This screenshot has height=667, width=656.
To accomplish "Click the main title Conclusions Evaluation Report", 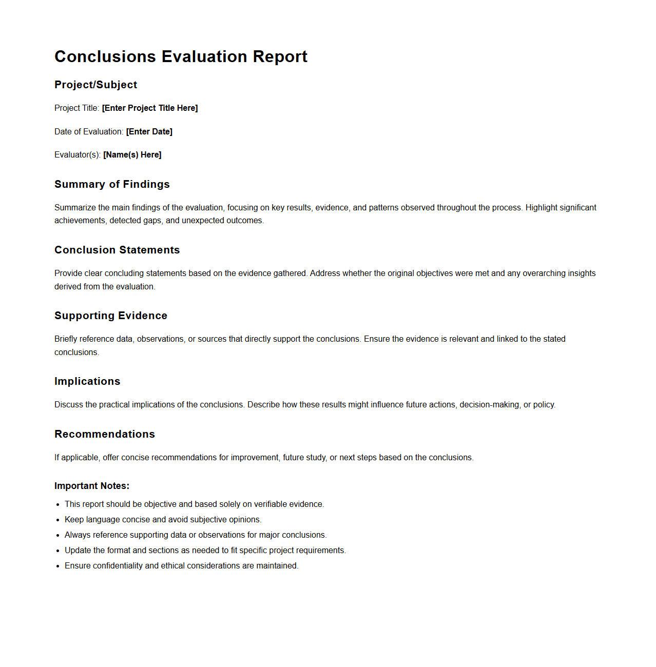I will click(x=181, y=56).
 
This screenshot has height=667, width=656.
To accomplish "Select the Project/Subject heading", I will click(x=95, y=85).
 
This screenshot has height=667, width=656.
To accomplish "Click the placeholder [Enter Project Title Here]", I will click(x=150, y=108).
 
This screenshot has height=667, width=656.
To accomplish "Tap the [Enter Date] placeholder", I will click(x=149, y=131).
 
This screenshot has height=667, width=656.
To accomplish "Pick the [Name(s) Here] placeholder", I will click(x=132, y=154).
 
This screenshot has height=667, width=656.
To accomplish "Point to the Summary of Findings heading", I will click(x=112, y=184).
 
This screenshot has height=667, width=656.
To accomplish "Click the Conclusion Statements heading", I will click(x=117, y=250).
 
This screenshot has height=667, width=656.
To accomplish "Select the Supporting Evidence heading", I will click(x=111, y=316).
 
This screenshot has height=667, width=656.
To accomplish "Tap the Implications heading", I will click(x=87, y=381).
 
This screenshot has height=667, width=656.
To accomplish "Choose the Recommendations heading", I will click(x=105, y=434).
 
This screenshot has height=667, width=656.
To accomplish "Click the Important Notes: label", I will click(x=92, y=486).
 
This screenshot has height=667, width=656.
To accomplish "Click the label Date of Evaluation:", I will click(x=89, y=131).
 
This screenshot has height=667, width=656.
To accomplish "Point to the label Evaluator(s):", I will click(x=78, y=154).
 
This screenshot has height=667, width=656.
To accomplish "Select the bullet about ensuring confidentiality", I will click(x=181, y=565).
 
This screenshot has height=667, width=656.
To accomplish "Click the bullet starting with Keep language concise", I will click(x=163, y=519).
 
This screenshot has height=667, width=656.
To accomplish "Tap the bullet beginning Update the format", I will click(x=205, y=550).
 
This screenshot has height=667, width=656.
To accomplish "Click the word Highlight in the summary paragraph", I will click(x=541, y=207).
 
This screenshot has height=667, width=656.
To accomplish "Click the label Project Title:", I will click(x=76, y=108).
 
